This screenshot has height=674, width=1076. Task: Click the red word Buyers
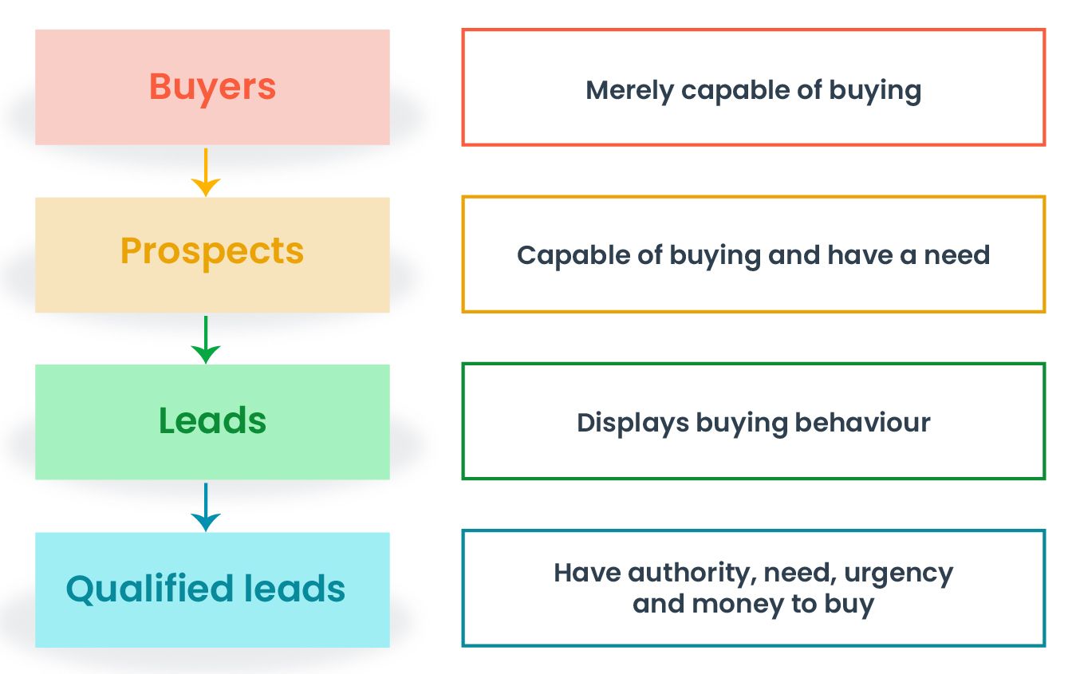point(212,87)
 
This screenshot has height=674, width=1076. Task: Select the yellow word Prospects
point(212,252)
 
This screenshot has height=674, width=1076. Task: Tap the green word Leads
point(212,421)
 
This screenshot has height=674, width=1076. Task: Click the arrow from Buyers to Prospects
point(206,171)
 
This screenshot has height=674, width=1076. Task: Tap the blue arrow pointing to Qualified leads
point(206,506)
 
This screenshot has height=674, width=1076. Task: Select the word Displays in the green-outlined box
point(633,423)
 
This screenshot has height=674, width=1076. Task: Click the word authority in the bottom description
point(692,573)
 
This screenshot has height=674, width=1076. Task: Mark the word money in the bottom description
point(738,604)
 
